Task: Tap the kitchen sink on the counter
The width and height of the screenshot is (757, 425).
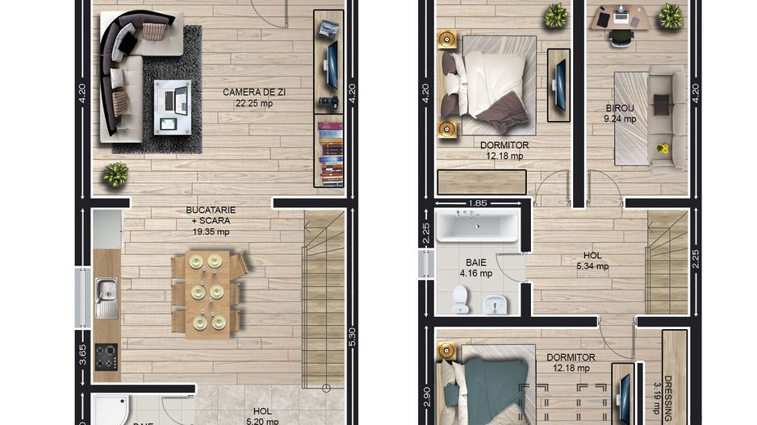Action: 106,298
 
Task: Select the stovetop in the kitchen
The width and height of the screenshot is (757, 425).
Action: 106,356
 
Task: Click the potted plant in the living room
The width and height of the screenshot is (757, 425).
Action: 115,174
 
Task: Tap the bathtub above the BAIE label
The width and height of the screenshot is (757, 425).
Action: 479,227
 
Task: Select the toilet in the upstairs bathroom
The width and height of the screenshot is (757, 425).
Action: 460,300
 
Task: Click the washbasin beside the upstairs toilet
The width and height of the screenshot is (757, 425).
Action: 494,304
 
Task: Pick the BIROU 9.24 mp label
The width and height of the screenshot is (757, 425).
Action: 621,113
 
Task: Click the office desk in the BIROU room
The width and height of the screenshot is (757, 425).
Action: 620,17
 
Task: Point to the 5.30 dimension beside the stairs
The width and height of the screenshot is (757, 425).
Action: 351,337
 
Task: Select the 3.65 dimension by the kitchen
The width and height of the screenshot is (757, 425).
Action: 82,355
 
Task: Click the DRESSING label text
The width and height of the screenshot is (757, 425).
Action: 667,399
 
